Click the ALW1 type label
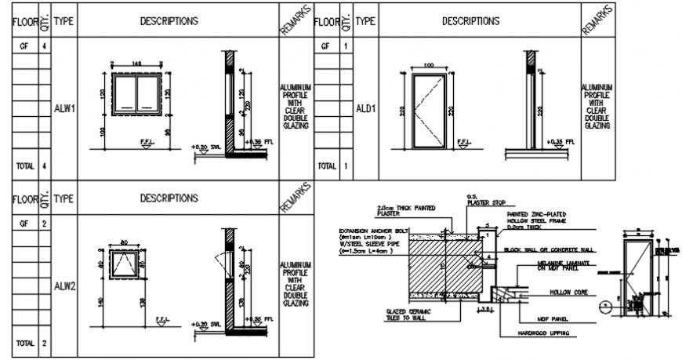tap(64, 109)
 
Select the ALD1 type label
tap(365, 109)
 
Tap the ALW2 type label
tap(64, 286)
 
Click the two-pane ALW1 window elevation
tap(137, 94)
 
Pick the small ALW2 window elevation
tap(125, 264)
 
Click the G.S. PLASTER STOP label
tap(478, 198)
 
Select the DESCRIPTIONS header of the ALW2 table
tap(169, 198)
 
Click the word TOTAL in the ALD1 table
tap(326, 166)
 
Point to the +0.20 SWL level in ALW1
tap(205, 147)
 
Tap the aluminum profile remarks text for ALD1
tap(597, 105)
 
